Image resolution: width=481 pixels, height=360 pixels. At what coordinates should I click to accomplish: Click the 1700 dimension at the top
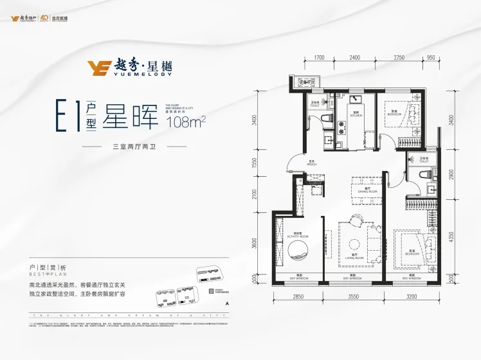[319, 59]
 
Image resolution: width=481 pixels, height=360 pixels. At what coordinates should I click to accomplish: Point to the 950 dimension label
[430, 59]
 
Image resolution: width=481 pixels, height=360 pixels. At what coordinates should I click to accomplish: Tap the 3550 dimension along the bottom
[352, 296]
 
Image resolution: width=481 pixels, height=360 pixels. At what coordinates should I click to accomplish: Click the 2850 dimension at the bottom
[298, 296]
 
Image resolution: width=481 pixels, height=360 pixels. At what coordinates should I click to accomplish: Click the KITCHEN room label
[355, 116]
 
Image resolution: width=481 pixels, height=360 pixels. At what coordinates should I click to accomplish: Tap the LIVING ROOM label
[350, 256]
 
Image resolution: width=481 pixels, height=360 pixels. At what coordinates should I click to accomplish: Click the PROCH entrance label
[311, 164]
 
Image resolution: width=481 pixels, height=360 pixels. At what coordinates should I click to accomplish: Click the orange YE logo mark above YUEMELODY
[100, 67]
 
